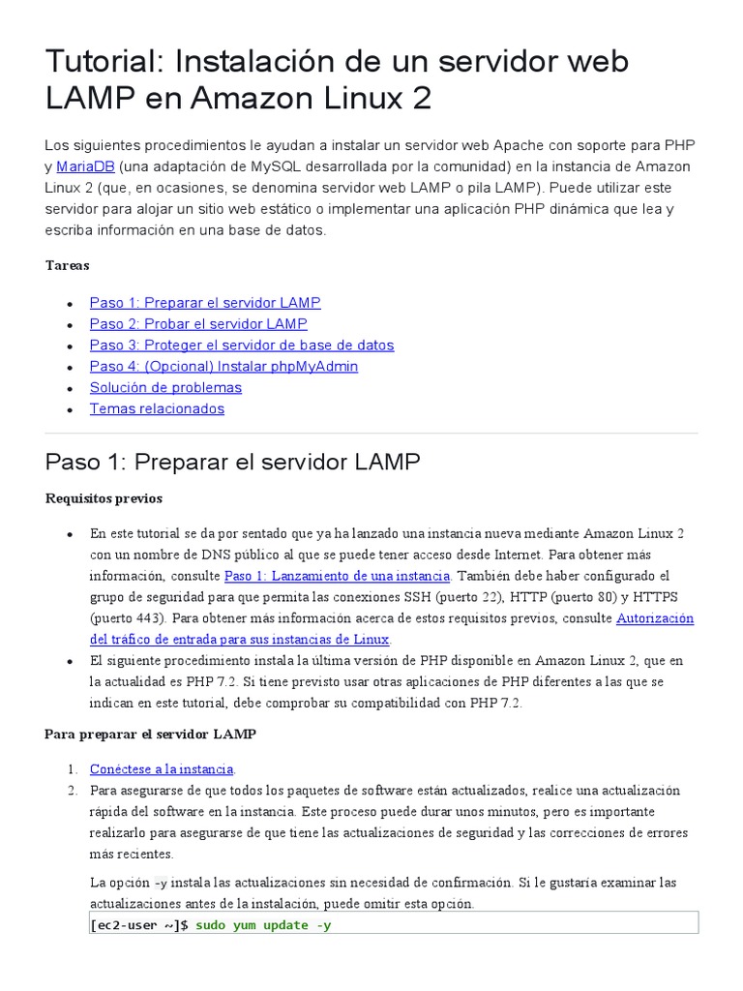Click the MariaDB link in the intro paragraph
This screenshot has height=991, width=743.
86,165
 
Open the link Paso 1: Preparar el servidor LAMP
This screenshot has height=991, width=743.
204,303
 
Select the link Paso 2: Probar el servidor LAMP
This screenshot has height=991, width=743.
197,324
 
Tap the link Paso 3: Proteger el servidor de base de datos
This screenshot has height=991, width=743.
241,345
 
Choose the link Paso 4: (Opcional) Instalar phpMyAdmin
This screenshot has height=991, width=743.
223,367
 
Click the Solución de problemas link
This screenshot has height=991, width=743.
165,388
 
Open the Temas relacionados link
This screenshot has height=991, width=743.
157,409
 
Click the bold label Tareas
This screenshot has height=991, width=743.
68,264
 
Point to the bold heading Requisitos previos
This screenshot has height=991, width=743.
104,498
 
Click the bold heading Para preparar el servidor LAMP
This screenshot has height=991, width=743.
150,735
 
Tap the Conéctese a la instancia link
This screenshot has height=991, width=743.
162,769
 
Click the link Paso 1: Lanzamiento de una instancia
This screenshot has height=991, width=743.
337,576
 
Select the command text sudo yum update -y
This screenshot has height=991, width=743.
263,925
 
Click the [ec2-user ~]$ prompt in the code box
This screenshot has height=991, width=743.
139,925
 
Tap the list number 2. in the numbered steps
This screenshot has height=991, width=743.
72,791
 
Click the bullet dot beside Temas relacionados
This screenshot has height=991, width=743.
70,410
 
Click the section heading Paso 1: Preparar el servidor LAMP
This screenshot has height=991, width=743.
232,462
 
